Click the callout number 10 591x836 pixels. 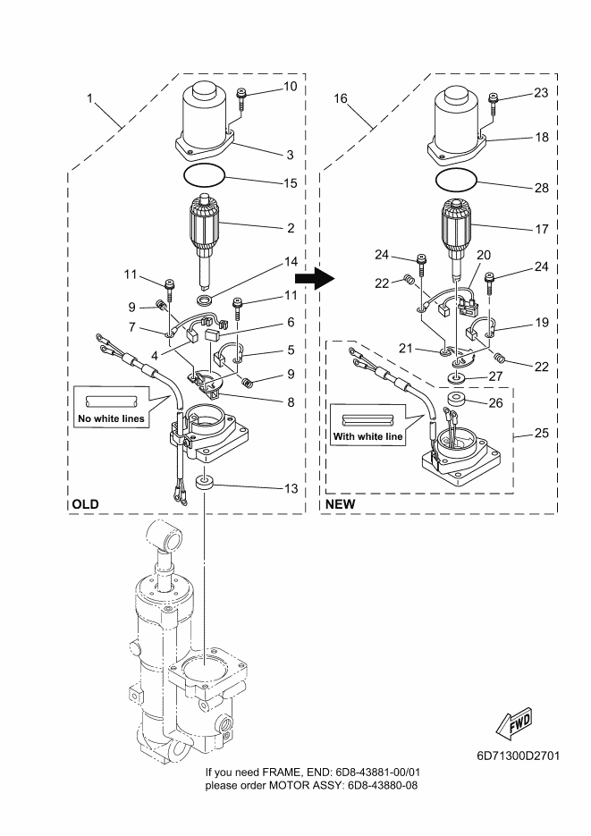coord(290,87)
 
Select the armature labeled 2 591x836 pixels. coord(205,239)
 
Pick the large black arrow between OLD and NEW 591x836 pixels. coord(315,278)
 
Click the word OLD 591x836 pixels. coord(85,504)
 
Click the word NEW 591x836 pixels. coord(340,504)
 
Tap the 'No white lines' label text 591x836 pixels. coord(112,418)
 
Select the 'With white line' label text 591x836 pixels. coord(367,436)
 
